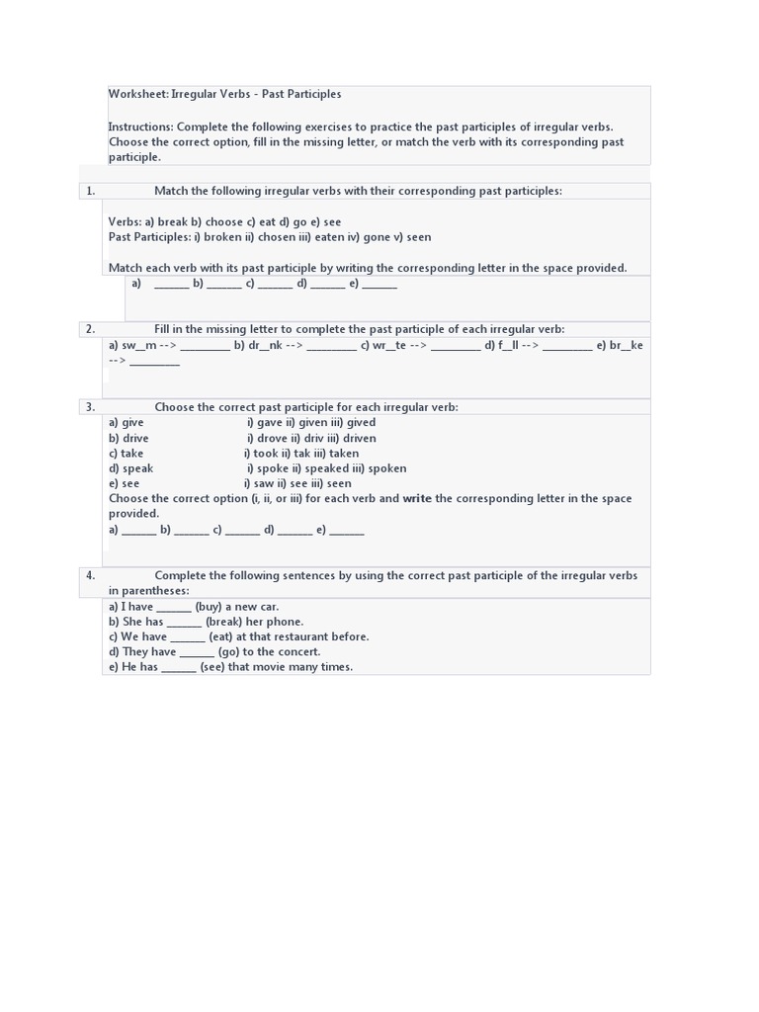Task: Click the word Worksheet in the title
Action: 137,95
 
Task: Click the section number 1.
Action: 90,191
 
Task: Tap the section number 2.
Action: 90,329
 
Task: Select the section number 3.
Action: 90,407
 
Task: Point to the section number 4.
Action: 90,575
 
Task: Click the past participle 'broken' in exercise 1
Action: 221,237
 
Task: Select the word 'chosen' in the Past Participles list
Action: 277,237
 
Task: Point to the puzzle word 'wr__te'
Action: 389,345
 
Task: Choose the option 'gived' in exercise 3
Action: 361,423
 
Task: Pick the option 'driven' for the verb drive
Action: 359,438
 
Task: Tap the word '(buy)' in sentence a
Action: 208,607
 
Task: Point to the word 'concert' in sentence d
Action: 299,652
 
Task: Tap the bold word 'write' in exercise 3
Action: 417,499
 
